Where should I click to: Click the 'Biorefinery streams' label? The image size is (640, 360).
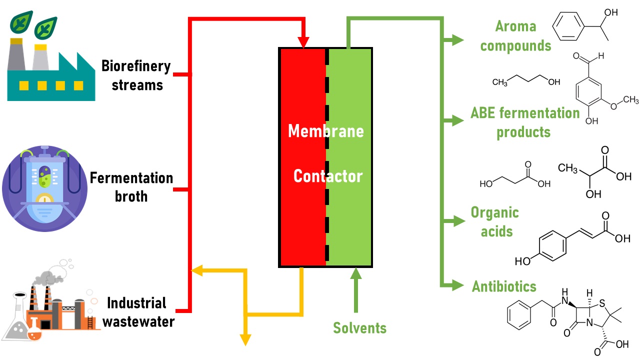136,75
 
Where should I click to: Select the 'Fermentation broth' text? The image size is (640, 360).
131,186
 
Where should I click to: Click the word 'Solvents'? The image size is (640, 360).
360,328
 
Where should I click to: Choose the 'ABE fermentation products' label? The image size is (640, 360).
524,122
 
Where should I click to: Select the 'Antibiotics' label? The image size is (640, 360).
504,286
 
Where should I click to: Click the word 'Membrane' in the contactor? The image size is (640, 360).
325,131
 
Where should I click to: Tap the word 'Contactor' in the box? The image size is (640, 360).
327,176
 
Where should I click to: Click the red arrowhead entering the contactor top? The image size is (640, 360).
303,43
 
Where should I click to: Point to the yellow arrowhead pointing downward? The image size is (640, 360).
245,339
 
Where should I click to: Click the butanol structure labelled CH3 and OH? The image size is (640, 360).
526,81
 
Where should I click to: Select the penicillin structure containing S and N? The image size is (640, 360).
567,317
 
